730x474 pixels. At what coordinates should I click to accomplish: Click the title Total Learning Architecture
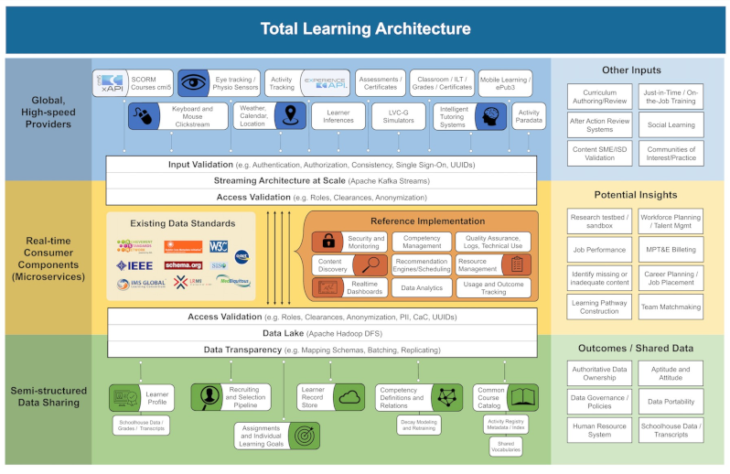coord(365,28)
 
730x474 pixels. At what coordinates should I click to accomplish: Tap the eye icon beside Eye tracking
coord(194,83)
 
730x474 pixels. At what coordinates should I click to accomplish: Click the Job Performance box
coord(598,249)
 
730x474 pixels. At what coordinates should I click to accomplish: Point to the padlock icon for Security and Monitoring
coord(327,242)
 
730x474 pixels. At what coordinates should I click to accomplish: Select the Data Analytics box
coord(422,287)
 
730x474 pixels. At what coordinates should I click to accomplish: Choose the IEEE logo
coord(134,265)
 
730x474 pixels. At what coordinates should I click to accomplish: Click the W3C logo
coord(218,245)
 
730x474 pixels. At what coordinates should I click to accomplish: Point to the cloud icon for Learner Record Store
coord(349,397)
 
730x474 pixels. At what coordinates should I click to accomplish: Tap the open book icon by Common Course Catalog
coord(522,396)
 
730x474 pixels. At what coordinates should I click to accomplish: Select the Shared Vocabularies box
coord(505,446)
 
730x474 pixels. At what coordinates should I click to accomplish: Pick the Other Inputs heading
coord(631,70)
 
